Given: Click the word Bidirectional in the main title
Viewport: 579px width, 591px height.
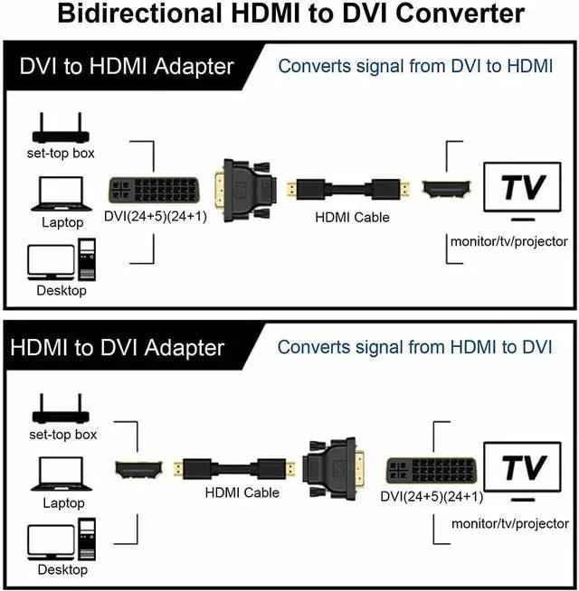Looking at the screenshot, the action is point(139,14).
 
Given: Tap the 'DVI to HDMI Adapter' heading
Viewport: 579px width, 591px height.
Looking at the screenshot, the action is point(127,67).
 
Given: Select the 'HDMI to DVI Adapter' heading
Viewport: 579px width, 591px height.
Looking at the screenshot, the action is point(118,348).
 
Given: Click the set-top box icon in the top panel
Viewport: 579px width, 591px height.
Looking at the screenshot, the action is point(61,127).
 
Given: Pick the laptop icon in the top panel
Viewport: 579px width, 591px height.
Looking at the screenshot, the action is point(62,194).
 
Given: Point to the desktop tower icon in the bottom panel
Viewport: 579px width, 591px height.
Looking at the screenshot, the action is point(87,539).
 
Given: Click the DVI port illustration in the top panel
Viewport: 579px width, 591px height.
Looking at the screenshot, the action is point(154,190).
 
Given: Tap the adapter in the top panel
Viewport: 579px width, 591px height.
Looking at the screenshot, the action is point(246,191).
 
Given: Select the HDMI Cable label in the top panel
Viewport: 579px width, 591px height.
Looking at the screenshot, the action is point(352,218).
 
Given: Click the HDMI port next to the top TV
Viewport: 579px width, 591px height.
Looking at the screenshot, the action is point(447,189).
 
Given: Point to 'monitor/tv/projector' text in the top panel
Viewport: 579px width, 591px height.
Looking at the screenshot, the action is point(508,241).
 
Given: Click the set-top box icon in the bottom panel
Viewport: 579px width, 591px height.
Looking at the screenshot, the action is point(61,408).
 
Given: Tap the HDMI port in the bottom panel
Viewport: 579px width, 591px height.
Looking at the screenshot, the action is point(138,469).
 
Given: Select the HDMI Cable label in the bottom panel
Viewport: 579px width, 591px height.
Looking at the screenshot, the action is point(242,492).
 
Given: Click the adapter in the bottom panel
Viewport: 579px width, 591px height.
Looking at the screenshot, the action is point(334,468).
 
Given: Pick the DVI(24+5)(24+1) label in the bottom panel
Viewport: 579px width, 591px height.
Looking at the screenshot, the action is point(432,497).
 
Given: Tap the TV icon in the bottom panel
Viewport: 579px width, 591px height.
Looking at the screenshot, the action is point(522,472).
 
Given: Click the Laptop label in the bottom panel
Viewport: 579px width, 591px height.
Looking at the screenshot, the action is point(63,503).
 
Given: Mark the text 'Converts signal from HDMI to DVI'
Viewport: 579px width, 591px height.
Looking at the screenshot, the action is point(415,347).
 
